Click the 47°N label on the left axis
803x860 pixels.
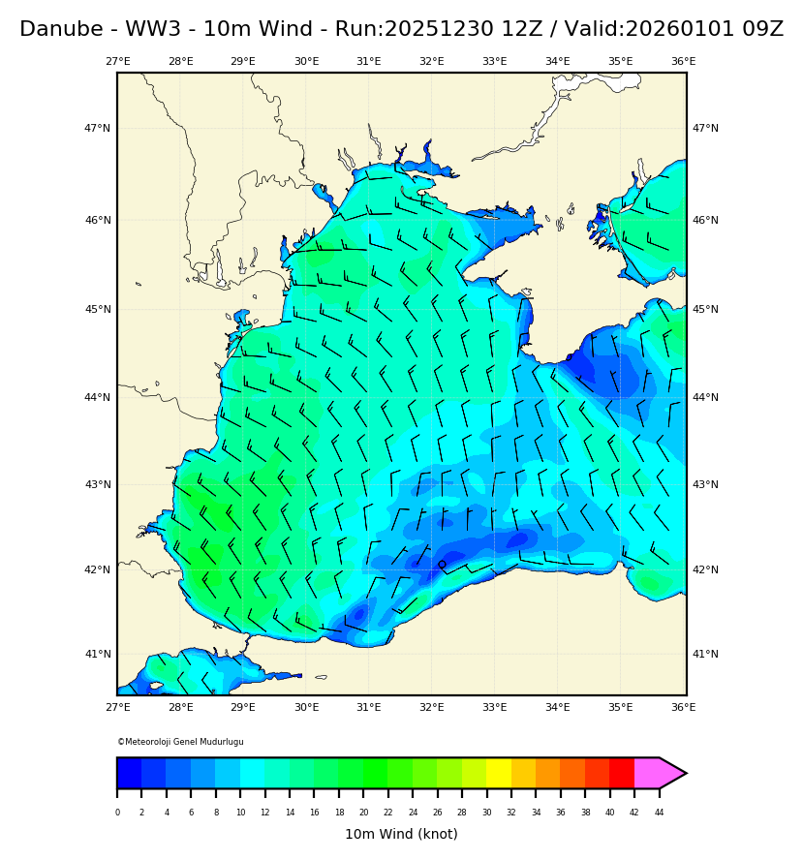[97, 128]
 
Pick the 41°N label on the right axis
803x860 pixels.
[705, 654]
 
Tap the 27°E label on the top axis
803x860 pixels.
[117, 62]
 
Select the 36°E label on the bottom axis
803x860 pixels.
[683, 708]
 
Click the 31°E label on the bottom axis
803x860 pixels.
[369, 708]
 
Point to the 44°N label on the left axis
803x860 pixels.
[97, 397]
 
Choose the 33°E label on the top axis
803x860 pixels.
[494, 62]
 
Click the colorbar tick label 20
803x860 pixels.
[363, 813]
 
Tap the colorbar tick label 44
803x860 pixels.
[659, 813]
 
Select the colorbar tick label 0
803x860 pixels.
[117, 813]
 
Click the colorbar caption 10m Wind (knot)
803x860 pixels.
[401, 834]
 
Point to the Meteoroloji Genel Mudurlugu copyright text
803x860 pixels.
[180, 742]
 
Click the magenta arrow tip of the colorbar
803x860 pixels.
[673, 773]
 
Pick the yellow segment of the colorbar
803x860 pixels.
[499, 773]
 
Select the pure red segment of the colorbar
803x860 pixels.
[622, 773]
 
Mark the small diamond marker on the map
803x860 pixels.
[442, 564]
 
